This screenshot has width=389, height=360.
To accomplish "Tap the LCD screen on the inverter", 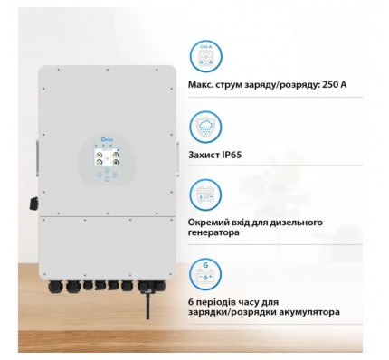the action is pos(107,157).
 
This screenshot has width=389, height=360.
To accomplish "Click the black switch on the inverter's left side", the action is pos(33,204).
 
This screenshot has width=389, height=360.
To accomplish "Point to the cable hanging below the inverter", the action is pos(147,304).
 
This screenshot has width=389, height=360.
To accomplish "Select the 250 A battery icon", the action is pos(205,56).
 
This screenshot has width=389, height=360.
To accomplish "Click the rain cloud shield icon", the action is pos(205,127).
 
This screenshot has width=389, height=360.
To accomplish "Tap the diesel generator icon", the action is pos(205,194).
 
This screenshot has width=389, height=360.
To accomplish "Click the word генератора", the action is pos(214,232).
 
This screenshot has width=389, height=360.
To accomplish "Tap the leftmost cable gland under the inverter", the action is pos(53,286).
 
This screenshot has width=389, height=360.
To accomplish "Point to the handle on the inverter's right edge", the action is pos(178,157).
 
